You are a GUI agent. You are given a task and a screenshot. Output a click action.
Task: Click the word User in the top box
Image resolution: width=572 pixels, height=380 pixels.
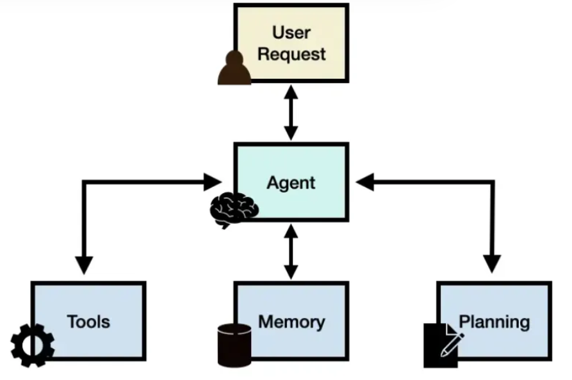tap(291, 33)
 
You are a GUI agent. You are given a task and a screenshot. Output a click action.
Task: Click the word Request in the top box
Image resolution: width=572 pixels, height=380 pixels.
tap(291, 54)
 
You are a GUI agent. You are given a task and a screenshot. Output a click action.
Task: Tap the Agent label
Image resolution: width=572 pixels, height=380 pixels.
tap(291, 183)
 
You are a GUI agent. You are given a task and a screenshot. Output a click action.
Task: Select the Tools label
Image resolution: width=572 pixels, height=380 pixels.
tap(88, 322)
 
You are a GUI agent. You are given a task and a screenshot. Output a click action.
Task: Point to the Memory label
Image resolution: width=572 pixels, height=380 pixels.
tap(291, 322)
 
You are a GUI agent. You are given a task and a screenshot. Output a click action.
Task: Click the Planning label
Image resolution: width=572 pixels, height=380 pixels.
tap(494, 322)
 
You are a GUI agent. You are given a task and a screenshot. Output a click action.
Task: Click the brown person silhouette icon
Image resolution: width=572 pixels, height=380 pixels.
tap(234, 68)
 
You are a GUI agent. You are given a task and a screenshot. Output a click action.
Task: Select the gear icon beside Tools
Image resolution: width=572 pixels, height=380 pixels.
tap(33, 345)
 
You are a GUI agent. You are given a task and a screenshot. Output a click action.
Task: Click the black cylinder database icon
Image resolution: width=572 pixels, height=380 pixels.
tap(234, 345)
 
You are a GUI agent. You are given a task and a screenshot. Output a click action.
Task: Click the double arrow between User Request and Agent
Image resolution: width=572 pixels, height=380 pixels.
tap(291, 113)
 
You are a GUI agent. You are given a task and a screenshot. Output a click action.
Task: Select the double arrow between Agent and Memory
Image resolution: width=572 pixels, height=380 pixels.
tap(291, 252)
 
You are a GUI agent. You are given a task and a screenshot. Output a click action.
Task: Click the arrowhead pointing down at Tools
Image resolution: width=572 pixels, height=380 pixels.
tap(84, 265)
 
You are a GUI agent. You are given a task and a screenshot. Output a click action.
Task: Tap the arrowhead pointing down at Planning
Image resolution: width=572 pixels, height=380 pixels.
tap(492, 264)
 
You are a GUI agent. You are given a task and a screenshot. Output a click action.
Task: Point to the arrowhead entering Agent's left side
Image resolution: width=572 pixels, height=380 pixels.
tap(213, 182)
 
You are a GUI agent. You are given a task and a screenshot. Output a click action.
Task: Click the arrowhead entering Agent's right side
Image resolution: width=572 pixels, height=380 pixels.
tap(365, 182)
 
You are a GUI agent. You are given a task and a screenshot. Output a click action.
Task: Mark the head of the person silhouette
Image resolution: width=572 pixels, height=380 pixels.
tap(234, 58)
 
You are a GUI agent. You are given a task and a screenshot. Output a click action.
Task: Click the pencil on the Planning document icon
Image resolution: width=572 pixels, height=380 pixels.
tap(452, 345)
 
